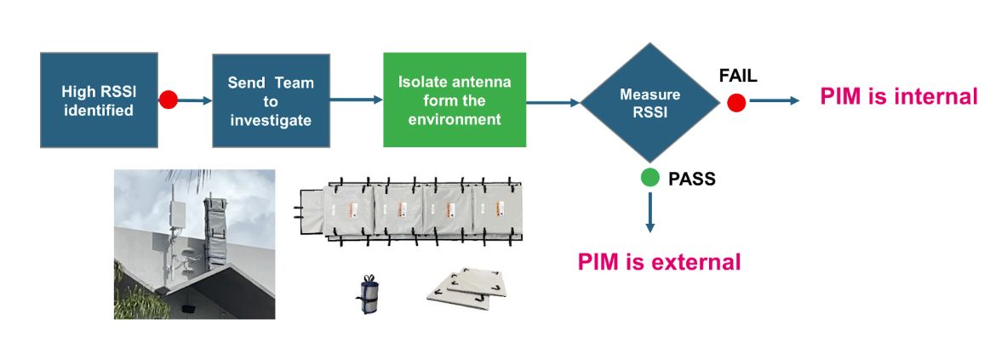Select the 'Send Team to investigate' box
tap(270, 100)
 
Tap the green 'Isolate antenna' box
tap(454, 100)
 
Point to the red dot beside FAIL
tap(736, 102)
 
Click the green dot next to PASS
tap(650, 178)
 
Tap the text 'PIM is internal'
tap(898, 97)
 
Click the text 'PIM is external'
tap(659, 261)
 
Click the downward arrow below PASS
tap(650, 213)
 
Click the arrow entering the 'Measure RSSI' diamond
tap(553, 103)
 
